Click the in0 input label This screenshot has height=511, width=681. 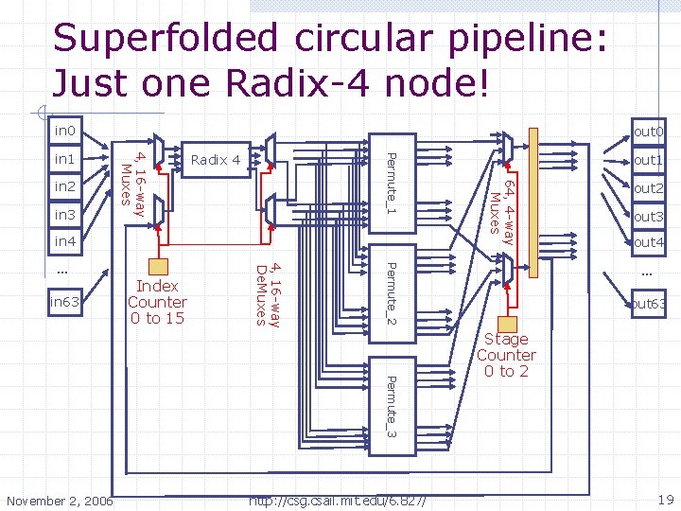(64, 130)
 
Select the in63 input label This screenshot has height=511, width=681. (65, 303)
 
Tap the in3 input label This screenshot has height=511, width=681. (64, 216)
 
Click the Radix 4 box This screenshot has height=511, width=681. (216, 159)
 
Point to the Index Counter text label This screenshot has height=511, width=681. (157, 302)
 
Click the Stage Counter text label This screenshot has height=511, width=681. (506, 355)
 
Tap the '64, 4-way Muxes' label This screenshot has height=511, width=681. (500, 210)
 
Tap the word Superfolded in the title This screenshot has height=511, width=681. (166, 39)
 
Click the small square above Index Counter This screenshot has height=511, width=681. (157, 265)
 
